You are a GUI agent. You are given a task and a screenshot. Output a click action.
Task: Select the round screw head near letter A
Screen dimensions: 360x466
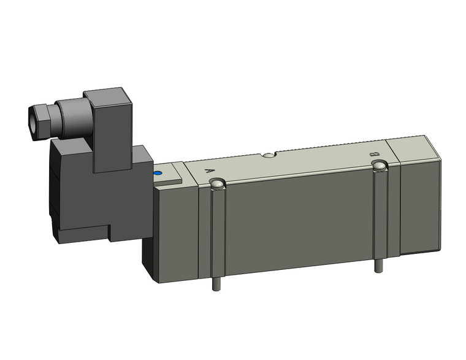pos(216,183)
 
